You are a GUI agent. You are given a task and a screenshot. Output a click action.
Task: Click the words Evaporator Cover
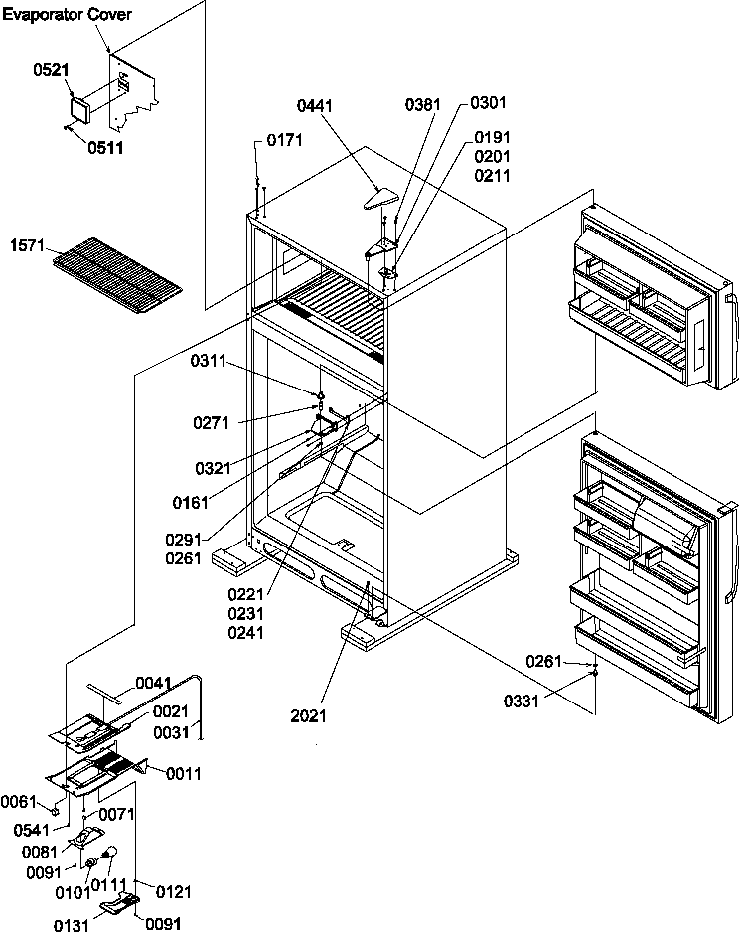coord(67,16)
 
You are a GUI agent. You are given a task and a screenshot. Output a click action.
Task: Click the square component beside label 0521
coord(78,107)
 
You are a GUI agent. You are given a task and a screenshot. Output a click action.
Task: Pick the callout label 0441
coord(315,103)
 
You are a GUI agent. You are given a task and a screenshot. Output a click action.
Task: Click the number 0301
coord(488,103)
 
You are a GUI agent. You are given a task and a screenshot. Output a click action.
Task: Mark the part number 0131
coord(73,926)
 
